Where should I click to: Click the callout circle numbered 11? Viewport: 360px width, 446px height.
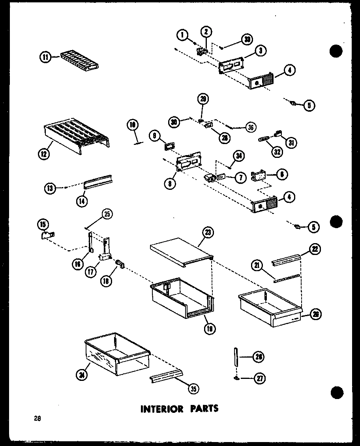point(45,57)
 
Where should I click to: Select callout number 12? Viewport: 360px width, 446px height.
point(44,154)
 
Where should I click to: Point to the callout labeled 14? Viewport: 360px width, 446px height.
point(82,201)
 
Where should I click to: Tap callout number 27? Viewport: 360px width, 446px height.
point(259,379)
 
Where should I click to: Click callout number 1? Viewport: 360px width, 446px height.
point(182,35)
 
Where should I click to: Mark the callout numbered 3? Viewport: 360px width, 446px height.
point(261,50)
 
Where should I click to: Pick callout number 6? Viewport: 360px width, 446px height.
point(282,174)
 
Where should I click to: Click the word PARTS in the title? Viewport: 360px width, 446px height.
point(202,408)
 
